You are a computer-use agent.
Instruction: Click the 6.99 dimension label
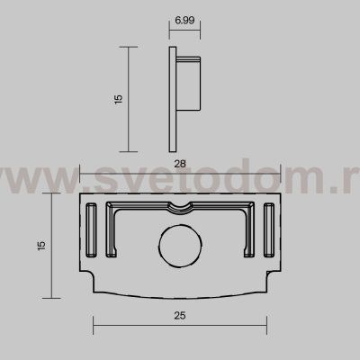tap(184, 21)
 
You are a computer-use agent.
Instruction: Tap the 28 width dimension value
tap(180, 164)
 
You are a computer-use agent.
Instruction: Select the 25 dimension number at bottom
tap(180, 316)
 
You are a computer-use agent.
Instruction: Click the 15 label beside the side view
tap(119, 99)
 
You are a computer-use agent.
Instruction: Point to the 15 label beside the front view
tap(41, 246)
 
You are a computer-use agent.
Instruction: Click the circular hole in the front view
tap(180, 246)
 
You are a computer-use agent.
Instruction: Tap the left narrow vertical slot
tap(91, 229)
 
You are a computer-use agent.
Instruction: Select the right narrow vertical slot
tap(269, 229)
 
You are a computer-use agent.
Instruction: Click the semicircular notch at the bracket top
tap(180, 209)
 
